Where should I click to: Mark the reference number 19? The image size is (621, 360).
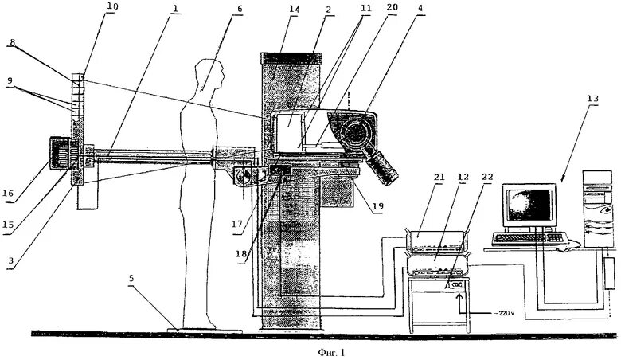[368, 205]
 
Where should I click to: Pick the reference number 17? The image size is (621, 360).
[236, 225]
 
